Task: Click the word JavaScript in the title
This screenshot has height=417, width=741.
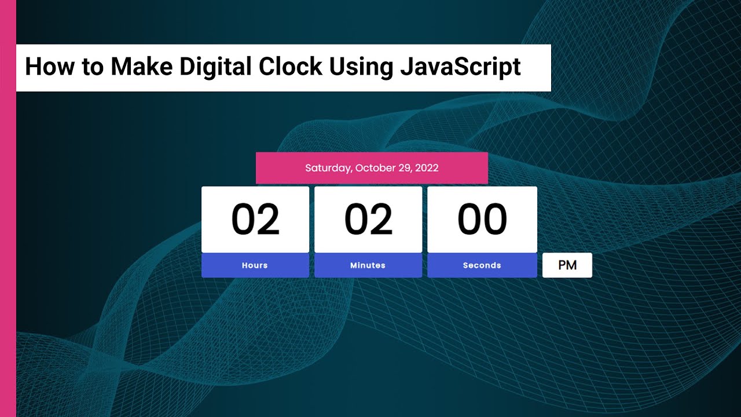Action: [460, 67]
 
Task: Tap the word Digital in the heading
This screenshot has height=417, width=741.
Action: [216, 67]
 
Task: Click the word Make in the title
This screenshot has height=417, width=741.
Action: [141, 67]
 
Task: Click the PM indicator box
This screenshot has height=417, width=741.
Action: [567, 265]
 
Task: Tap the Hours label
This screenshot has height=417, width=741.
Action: [255, 265]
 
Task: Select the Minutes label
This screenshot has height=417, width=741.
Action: [368, 265]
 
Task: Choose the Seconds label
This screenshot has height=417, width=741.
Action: [482, 265]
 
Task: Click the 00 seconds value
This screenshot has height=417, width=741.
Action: [482, 220]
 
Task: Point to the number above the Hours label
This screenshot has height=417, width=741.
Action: [255, 220]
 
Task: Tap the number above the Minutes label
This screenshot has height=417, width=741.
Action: [368, 220]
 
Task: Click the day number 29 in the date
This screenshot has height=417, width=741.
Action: [405, 169]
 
